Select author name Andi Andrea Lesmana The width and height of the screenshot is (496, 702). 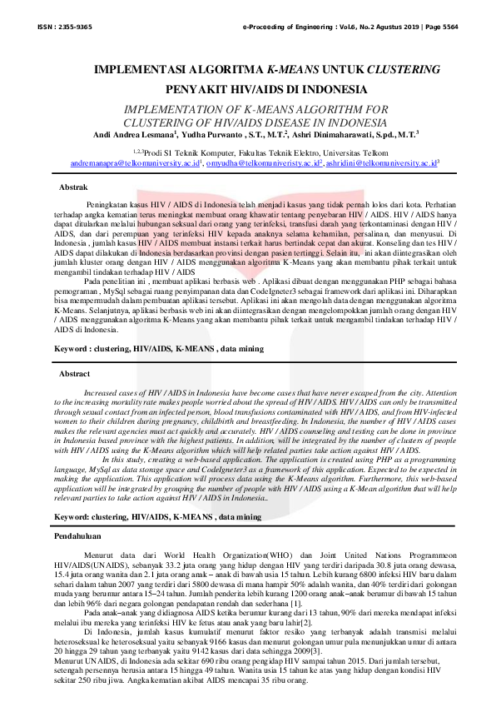pyautogui.click(x=133, y=133)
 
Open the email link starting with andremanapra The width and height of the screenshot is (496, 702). pyautogui.click(x=136, y=163)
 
